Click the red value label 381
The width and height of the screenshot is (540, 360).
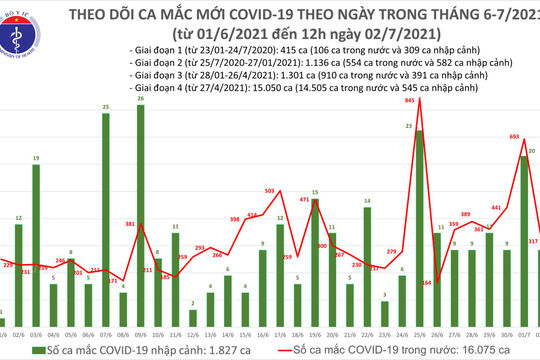[x=129, y=225]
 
